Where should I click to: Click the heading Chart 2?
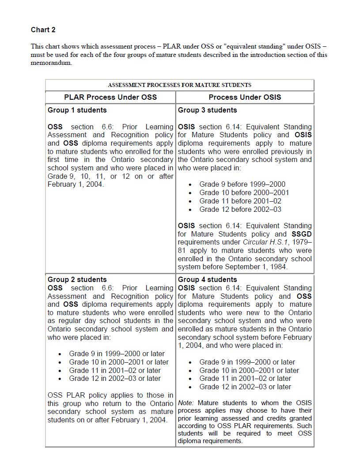click(43, 30)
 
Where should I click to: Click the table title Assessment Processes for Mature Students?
click(179, 85)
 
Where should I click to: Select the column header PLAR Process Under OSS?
click(110, 97)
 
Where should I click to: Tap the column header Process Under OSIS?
click(245, 97)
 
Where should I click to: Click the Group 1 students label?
click(77, 110)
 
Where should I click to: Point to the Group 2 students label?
click(77, 279)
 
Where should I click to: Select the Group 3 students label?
click(207, 110)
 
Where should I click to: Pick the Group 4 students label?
click(207, 279)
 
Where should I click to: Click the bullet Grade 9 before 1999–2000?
click(242, 184)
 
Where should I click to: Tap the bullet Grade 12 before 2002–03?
click(240, 209)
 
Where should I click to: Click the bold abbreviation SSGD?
click(302, 234)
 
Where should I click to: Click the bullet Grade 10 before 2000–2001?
click(244, 192)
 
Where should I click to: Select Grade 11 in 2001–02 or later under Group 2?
click(115, 370)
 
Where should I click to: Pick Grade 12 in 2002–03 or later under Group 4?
click(245, 387)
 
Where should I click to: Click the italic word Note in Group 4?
click(186, 403)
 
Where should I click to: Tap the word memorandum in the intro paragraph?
click(51, 63)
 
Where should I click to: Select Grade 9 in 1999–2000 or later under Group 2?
click(117, 353)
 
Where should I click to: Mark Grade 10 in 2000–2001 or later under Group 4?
click(249, 370)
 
